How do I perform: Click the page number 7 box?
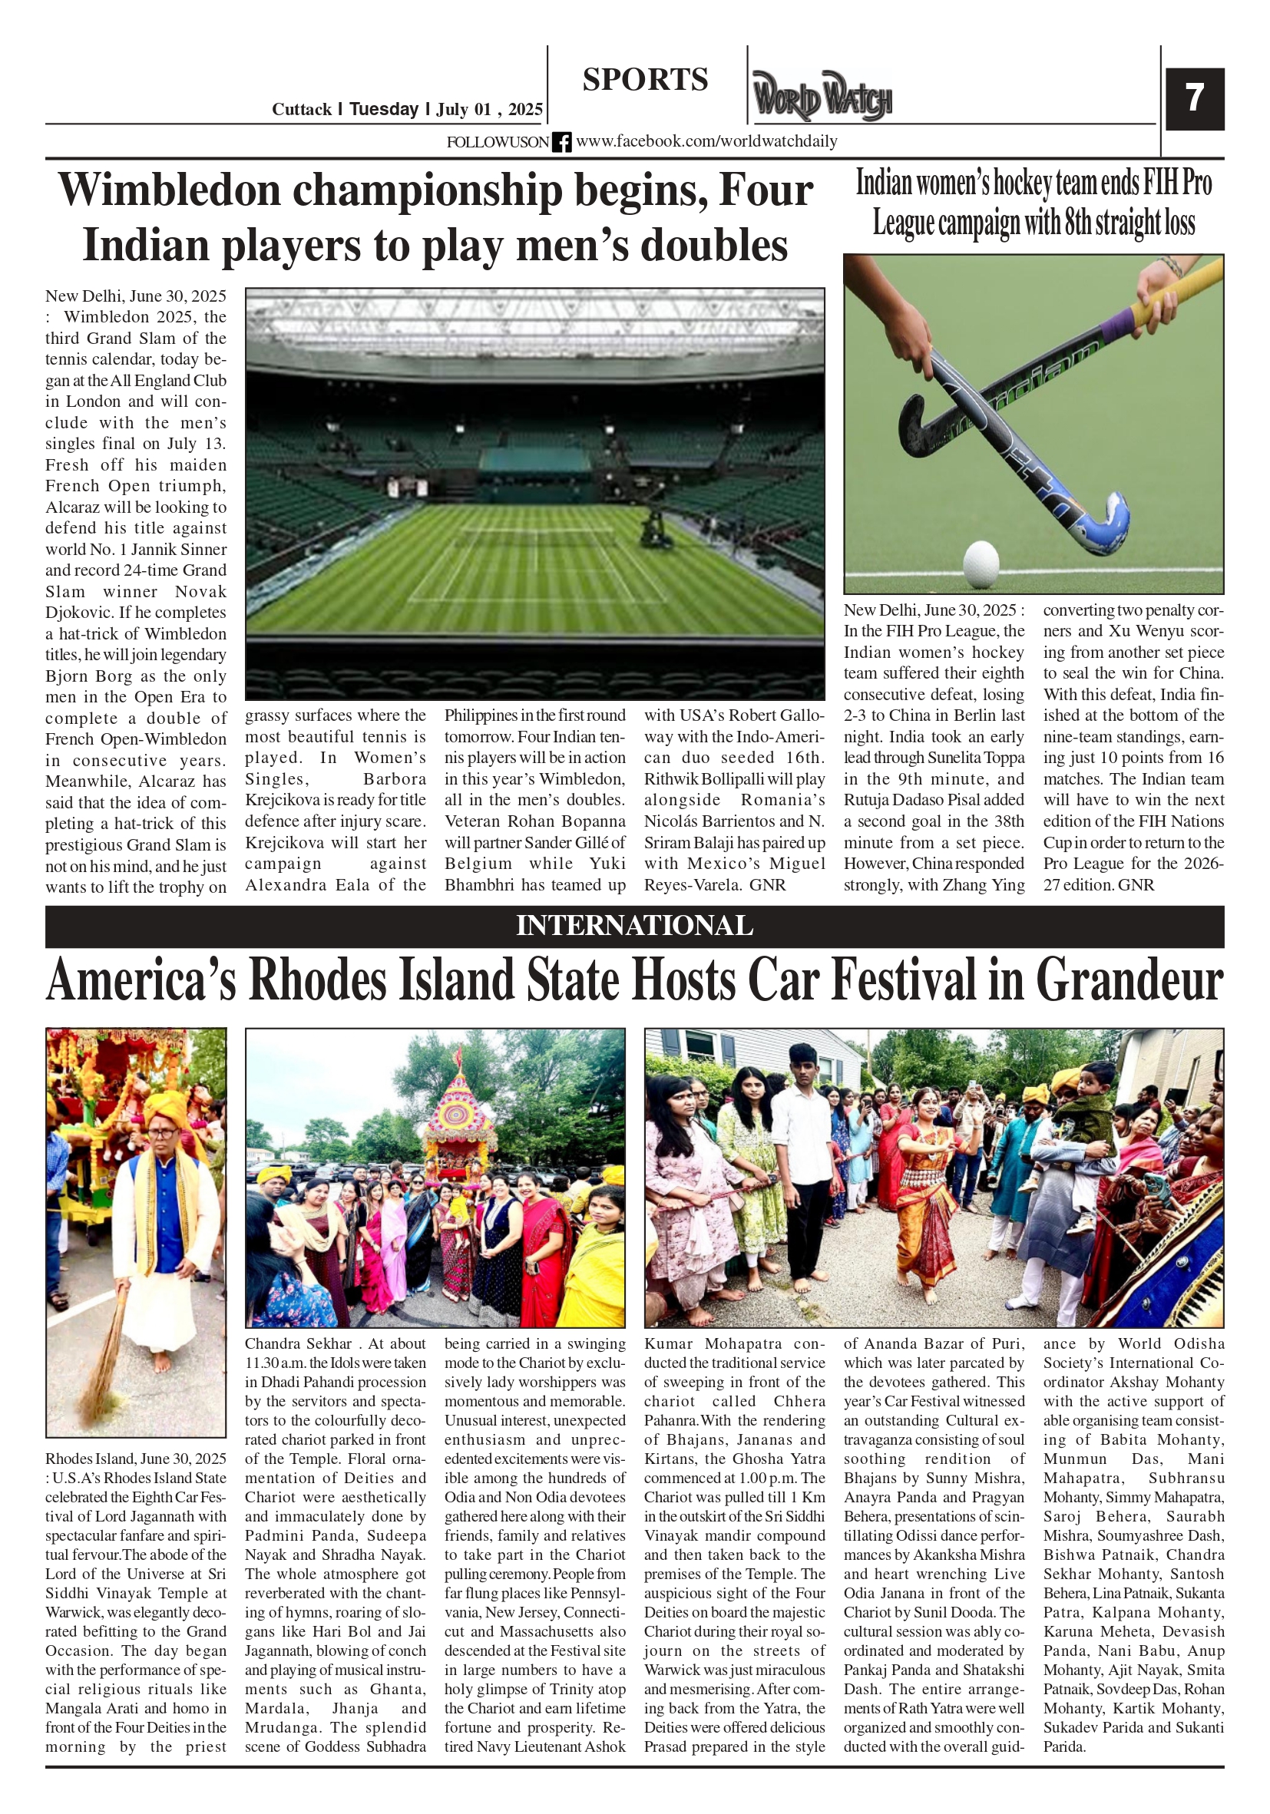(1194, 99)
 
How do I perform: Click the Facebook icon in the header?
(561, 142)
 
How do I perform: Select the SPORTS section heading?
(645, 80)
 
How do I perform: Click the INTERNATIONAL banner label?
(633, 925)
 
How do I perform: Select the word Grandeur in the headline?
(1129, 980)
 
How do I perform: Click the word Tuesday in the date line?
(383, 109)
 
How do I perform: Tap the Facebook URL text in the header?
(706, 141)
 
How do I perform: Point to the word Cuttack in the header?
(301, 109)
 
